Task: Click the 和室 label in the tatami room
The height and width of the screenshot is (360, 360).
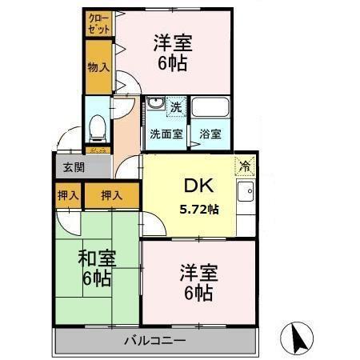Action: [x=97, y=258]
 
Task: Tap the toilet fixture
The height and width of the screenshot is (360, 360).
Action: [x=98, y=126]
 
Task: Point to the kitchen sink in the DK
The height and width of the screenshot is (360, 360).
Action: [x=246, y=193]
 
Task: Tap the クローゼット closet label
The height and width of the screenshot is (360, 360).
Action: [x=99, y=23]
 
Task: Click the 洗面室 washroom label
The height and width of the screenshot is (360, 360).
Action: [x=166, y=134]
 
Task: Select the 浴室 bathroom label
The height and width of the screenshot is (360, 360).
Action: [x=210, y=134]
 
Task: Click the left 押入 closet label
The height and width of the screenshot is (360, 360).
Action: [x=68, y=194]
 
